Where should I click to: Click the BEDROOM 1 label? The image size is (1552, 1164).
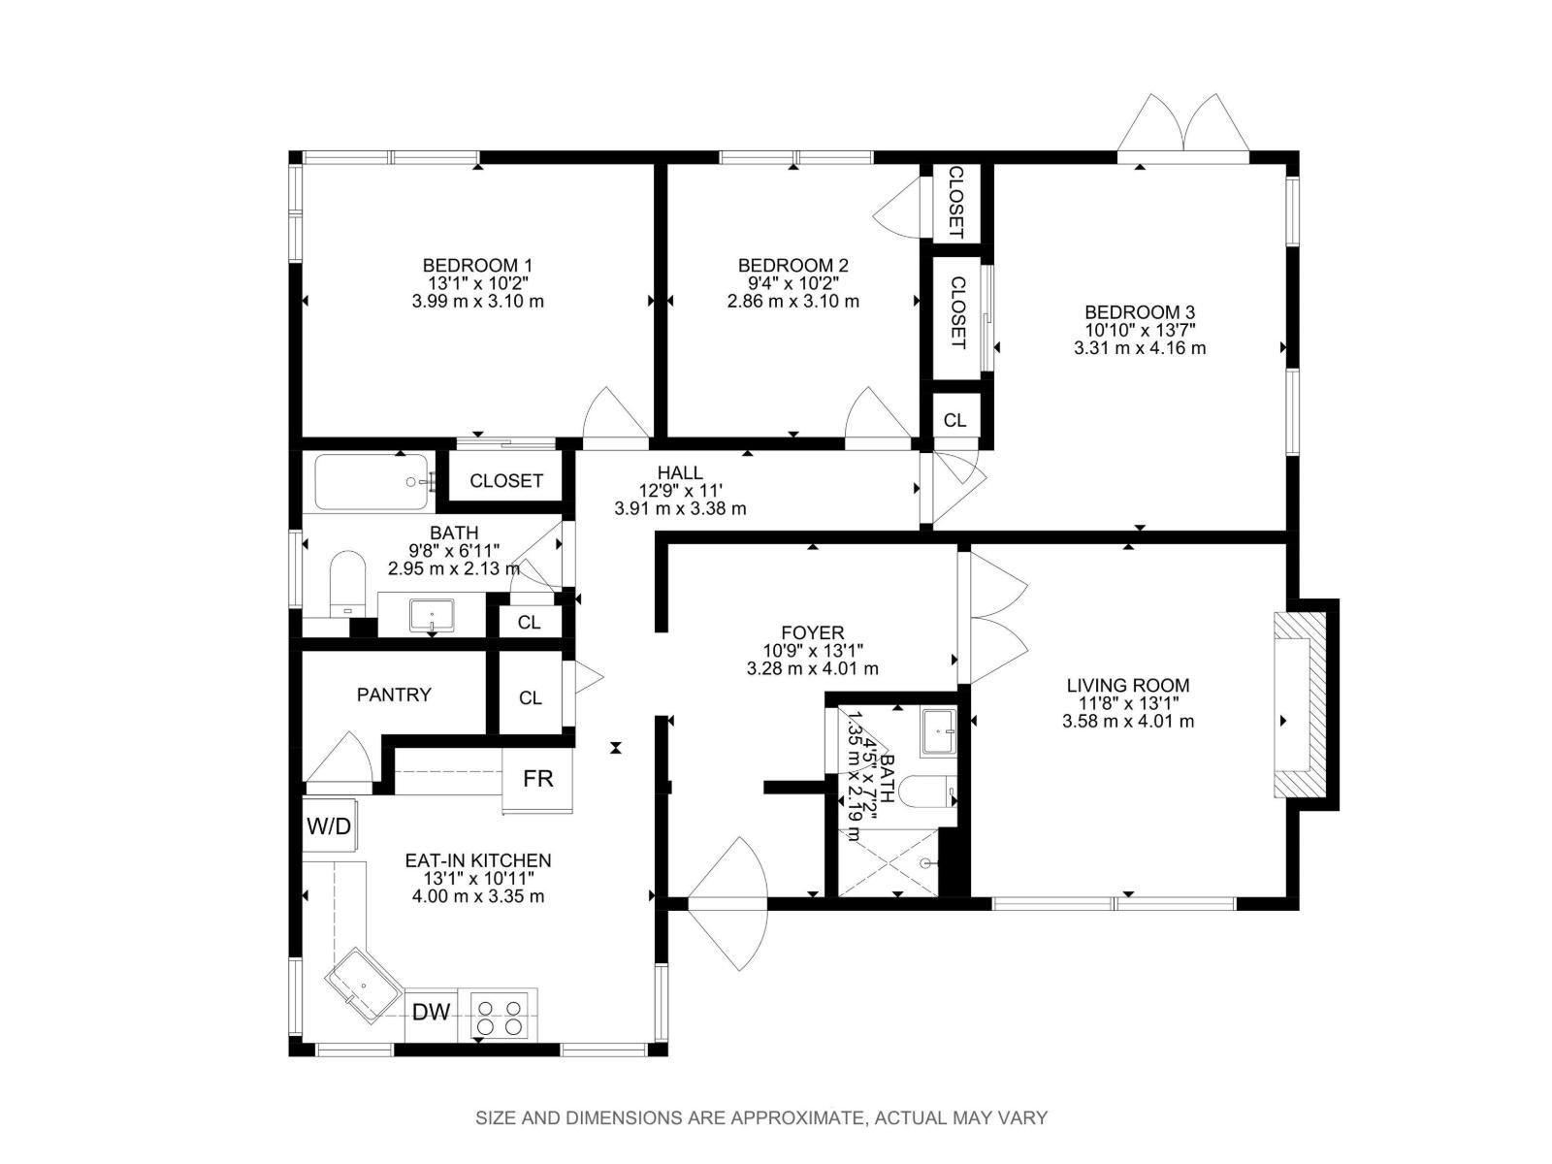point(477,265)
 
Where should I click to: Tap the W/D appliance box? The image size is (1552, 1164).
point(329,826)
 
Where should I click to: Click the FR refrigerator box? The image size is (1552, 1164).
point(537,778)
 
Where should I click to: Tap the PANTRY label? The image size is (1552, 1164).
point(394,695)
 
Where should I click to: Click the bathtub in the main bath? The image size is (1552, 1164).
point(372,482)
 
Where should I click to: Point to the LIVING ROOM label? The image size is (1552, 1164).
point(1128,686)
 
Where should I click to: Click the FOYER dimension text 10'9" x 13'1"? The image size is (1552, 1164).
point(813,651)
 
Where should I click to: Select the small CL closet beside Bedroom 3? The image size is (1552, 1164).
point(955,420)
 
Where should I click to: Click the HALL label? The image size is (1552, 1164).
point(680,473)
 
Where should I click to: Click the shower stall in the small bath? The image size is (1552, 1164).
point(888,861)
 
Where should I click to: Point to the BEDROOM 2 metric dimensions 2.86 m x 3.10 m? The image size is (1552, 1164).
point(792,301)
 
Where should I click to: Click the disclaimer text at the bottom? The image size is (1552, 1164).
point(761,1117)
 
